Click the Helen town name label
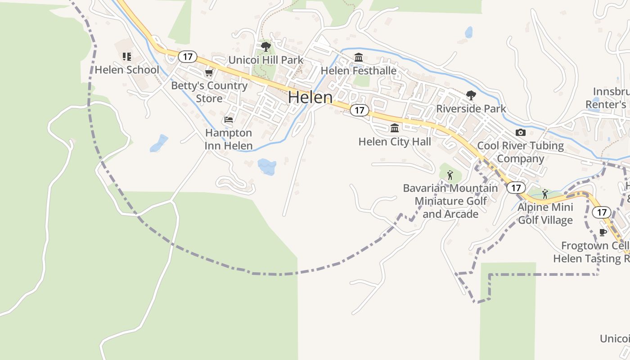click(x=310, y=97)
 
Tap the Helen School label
click(x=127, y=70)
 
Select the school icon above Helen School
click(x=127, y=57)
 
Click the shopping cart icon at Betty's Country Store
click(x=208, y=72)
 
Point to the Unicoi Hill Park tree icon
click(x=266, y=46)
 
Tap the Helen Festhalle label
click(x=359, y=71)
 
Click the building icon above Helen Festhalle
click(x=359, y=58)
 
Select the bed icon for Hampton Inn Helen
click(x=229, y=120)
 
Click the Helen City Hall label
click(x=395, y=142)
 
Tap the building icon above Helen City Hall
click(x=395, y=128)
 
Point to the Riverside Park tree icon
click(x=471, y=95)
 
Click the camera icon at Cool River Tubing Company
click(x=521, y=132)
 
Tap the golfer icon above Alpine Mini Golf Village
click(x=545, y=194)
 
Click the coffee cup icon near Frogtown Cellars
click(x=603, y=232)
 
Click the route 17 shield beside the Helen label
click(x=359, y=110)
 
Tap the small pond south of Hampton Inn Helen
click(x=267, y=166)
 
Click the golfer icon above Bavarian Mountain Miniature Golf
click(x=450, y=175)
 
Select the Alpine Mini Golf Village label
click(x=545, y=214)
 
